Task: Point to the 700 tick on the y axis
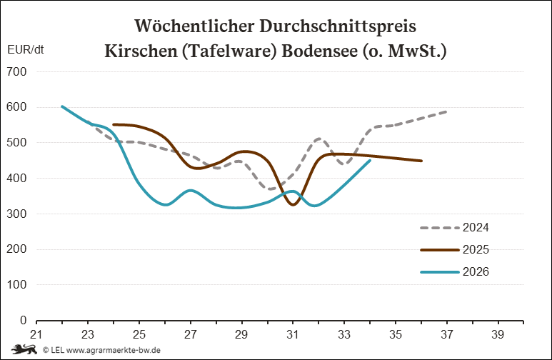tap(16, 72)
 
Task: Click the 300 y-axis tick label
tap(16, 214)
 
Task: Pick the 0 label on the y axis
tap(24, 320)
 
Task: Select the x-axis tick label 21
tap(36, 334)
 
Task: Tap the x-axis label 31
tap(293, 334)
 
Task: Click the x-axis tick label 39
tap(498, 334)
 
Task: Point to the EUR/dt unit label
tap(25, 50)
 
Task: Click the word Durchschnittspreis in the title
tap(338, 26)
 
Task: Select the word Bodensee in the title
tap(320, 51)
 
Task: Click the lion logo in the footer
tap(24, 350)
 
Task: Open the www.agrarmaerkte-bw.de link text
tap(114, 351)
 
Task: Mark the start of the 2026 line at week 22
tap(62, 106)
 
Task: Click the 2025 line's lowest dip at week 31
tap(293, 205)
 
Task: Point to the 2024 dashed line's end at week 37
tap(446, 111)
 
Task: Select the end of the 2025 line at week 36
tap(421, 161)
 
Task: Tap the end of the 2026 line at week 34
tap(370, 161)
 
